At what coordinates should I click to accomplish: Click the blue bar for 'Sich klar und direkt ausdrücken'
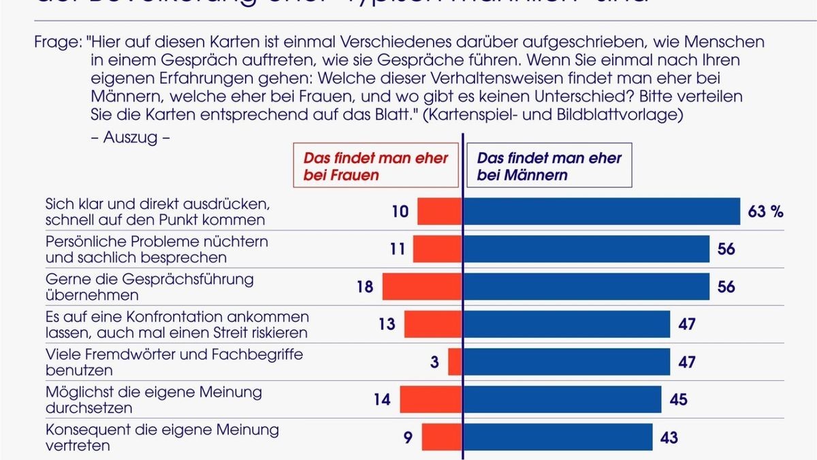(602, 211)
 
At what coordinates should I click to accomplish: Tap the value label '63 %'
(766, 212)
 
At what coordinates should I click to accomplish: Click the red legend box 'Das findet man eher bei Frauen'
(376, 166)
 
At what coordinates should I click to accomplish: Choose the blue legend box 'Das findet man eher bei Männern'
(549, 166)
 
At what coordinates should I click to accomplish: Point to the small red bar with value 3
(455, 361)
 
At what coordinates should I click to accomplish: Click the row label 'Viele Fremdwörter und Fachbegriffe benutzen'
(174, 363)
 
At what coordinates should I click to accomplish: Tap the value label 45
(679, 399)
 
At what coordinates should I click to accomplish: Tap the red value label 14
(382, 399)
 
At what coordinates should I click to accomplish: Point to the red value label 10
(400, 212)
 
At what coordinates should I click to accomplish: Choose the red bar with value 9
(442, 437)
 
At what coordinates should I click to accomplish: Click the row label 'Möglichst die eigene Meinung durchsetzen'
(153, 400)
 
